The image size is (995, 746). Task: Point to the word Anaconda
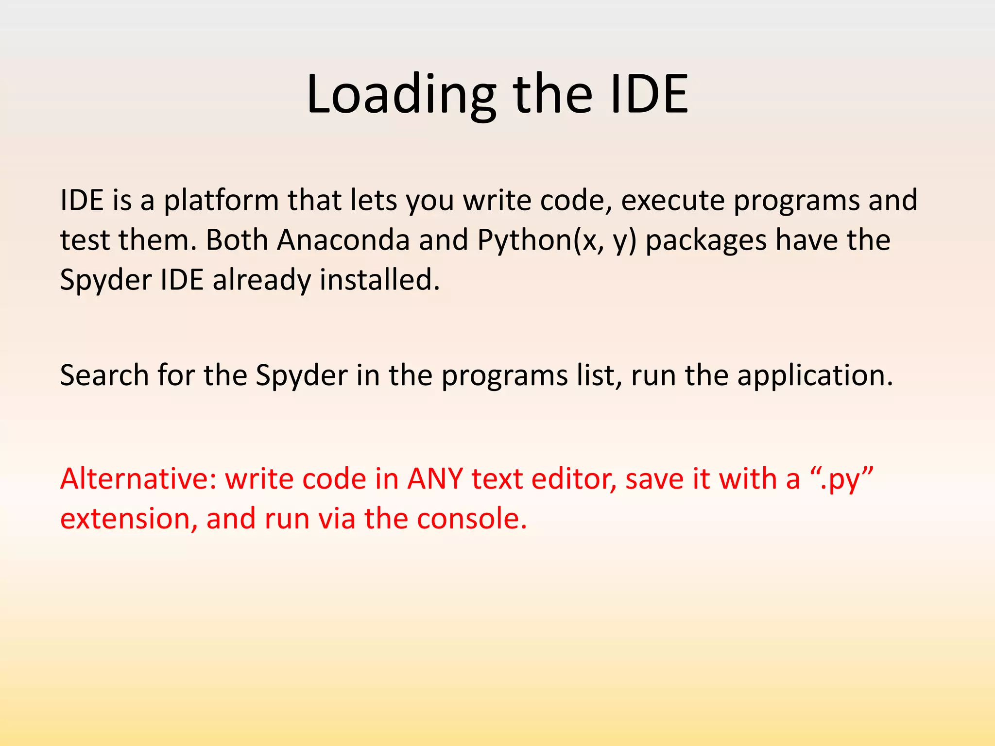343,240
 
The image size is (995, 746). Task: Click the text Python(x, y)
556,240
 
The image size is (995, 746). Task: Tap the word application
814,376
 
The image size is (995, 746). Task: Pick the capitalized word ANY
435,479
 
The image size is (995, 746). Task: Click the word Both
237,240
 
